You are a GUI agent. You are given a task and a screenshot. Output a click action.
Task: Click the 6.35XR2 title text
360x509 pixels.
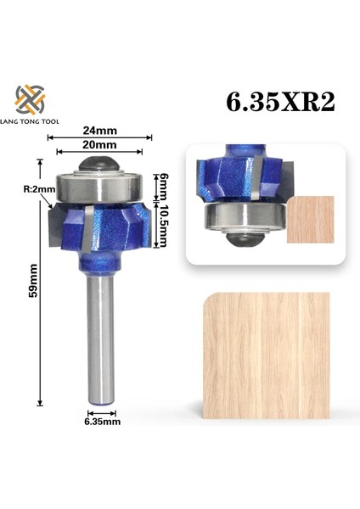click(x=280, y=103)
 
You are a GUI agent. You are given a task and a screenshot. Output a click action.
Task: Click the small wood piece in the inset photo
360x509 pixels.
click(x=310, y=220)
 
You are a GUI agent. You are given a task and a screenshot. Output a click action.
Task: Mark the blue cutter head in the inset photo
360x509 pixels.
click(x=240, y=178)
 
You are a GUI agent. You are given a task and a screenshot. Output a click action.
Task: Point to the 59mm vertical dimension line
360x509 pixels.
click(x=41, y=280)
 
